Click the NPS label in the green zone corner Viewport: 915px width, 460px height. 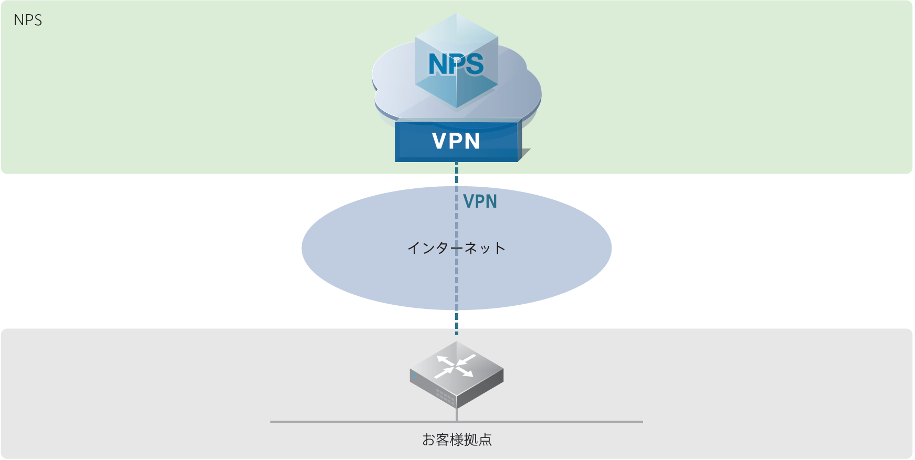[x=28, y=20]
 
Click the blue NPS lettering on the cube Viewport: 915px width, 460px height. [x=456, y=65]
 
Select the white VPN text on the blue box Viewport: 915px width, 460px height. [x=456, y=141]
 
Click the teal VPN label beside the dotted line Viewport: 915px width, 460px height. [x=480, y=201]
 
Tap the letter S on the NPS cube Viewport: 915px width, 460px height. [x=473, y=65]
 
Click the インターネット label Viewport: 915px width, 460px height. [x=456, y=248]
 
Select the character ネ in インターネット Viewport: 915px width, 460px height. [x=470, y=248]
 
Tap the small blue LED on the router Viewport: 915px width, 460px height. [x=414, y=375]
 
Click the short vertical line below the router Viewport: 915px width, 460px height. [x=457, y=414]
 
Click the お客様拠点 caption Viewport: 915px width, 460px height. [x=457, y=440]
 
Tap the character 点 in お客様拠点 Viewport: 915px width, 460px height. [x=485, y=440]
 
